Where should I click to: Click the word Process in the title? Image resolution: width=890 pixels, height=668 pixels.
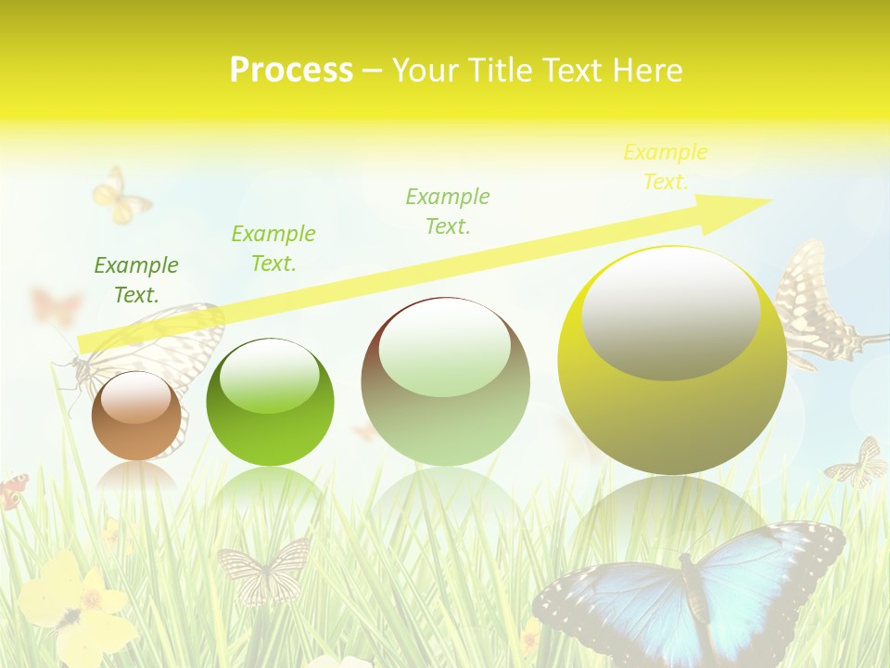click(291, 71)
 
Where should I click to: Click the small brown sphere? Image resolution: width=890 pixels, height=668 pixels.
click(136, 416)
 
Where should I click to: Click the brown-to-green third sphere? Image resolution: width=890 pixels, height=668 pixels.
click(445, 382)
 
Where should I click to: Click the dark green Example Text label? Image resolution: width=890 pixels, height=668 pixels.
click(136, 280)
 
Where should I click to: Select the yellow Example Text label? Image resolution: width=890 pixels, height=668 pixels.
click(665, 167)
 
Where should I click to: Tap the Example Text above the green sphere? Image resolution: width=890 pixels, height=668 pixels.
click(273, 249)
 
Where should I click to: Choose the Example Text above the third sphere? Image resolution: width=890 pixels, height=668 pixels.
click(447, 212)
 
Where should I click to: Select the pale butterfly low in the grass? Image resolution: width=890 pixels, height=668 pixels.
click(263, 568)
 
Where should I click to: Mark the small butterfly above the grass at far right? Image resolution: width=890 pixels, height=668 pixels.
click(858, 464)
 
